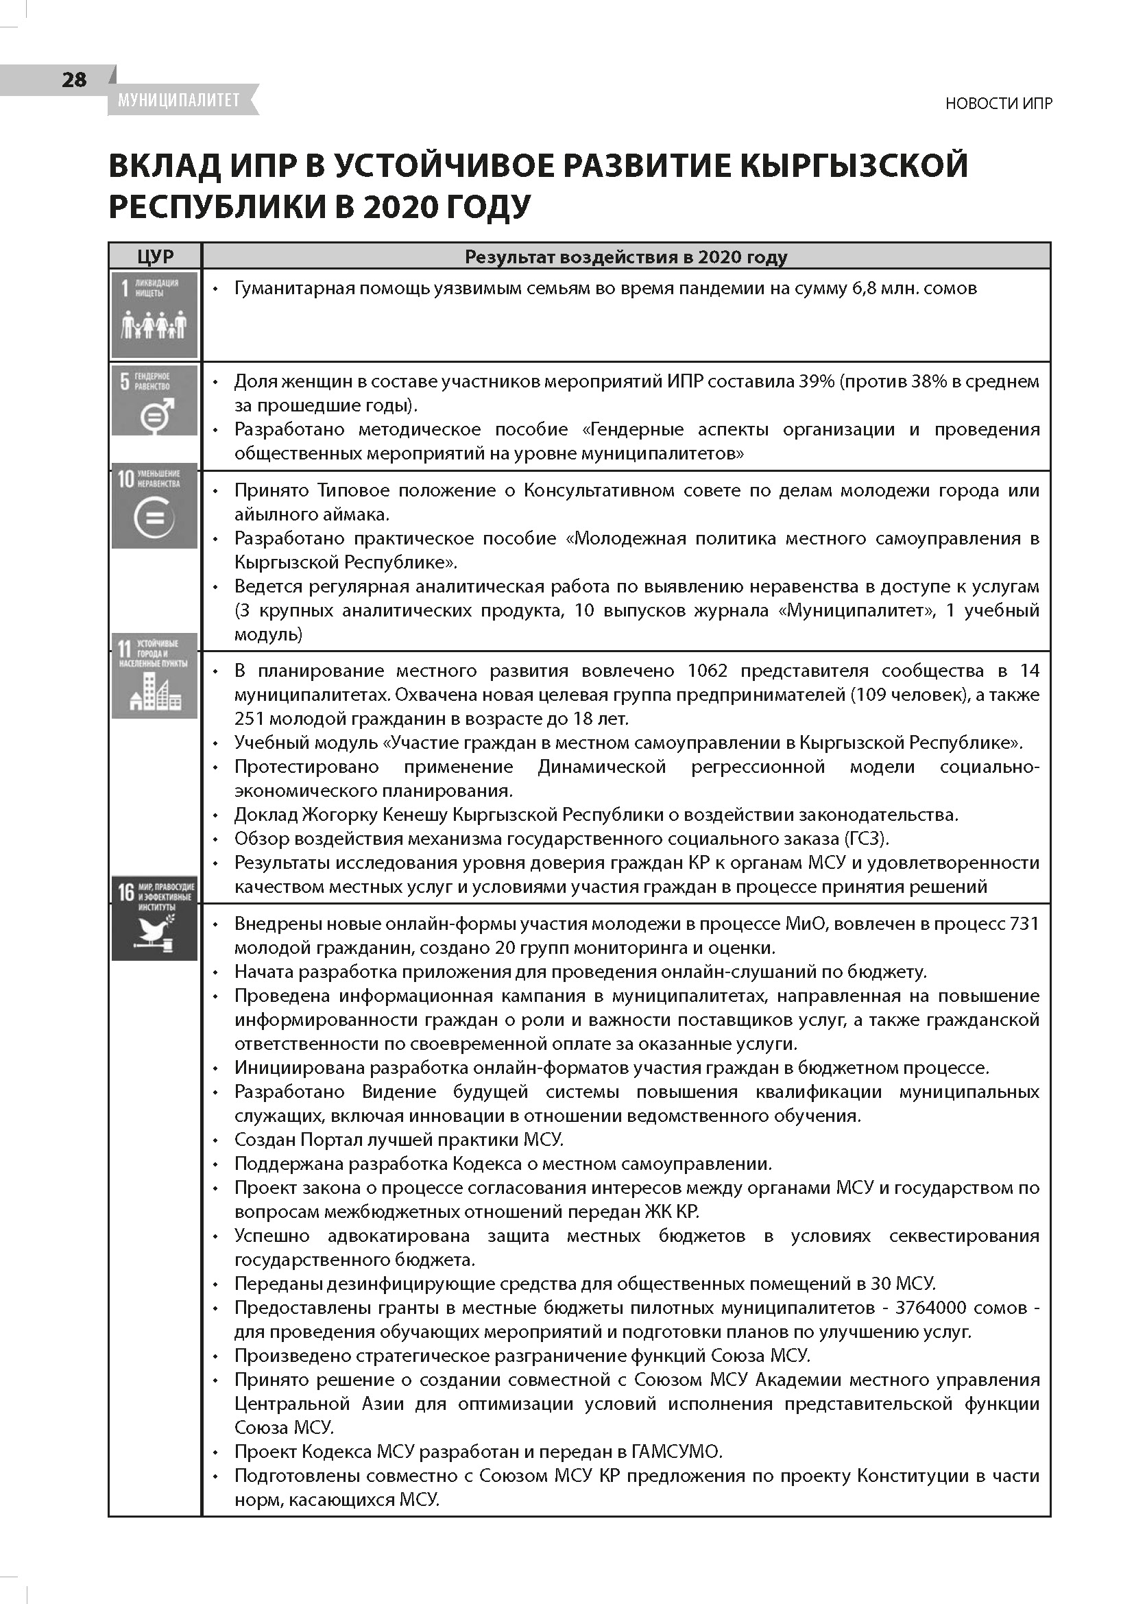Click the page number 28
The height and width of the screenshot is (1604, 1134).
click(74, 80)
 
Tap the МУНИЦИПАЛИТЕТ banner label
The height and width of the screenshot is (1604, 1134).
click(179, 101)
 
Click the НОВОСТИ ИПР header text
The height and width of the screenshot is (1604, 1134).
click(998, 104)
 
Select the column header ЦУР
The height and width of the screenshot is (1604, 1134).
click(155, 257)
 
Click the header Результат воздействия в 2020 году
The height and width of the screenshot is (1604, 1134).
click(626, 257)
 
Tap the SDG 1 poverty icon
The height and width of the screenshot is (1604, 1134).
click(155, 315)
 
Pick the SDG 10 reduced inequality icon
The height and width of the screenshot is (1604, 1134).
click(155, 506)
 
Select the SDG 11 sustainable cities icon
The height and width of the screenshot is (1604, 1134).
click(155, 675)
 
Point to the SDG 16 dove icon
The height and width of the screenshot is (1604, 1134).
click(155, 918)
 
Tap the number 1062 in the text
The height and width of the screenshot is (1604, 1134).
click(708, 671)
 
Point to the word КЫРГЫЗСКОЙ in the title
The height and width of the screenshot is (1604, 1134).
click(854, 166)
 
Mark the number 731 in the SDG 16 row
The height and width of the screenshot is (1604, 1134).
click(1024, 924)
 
